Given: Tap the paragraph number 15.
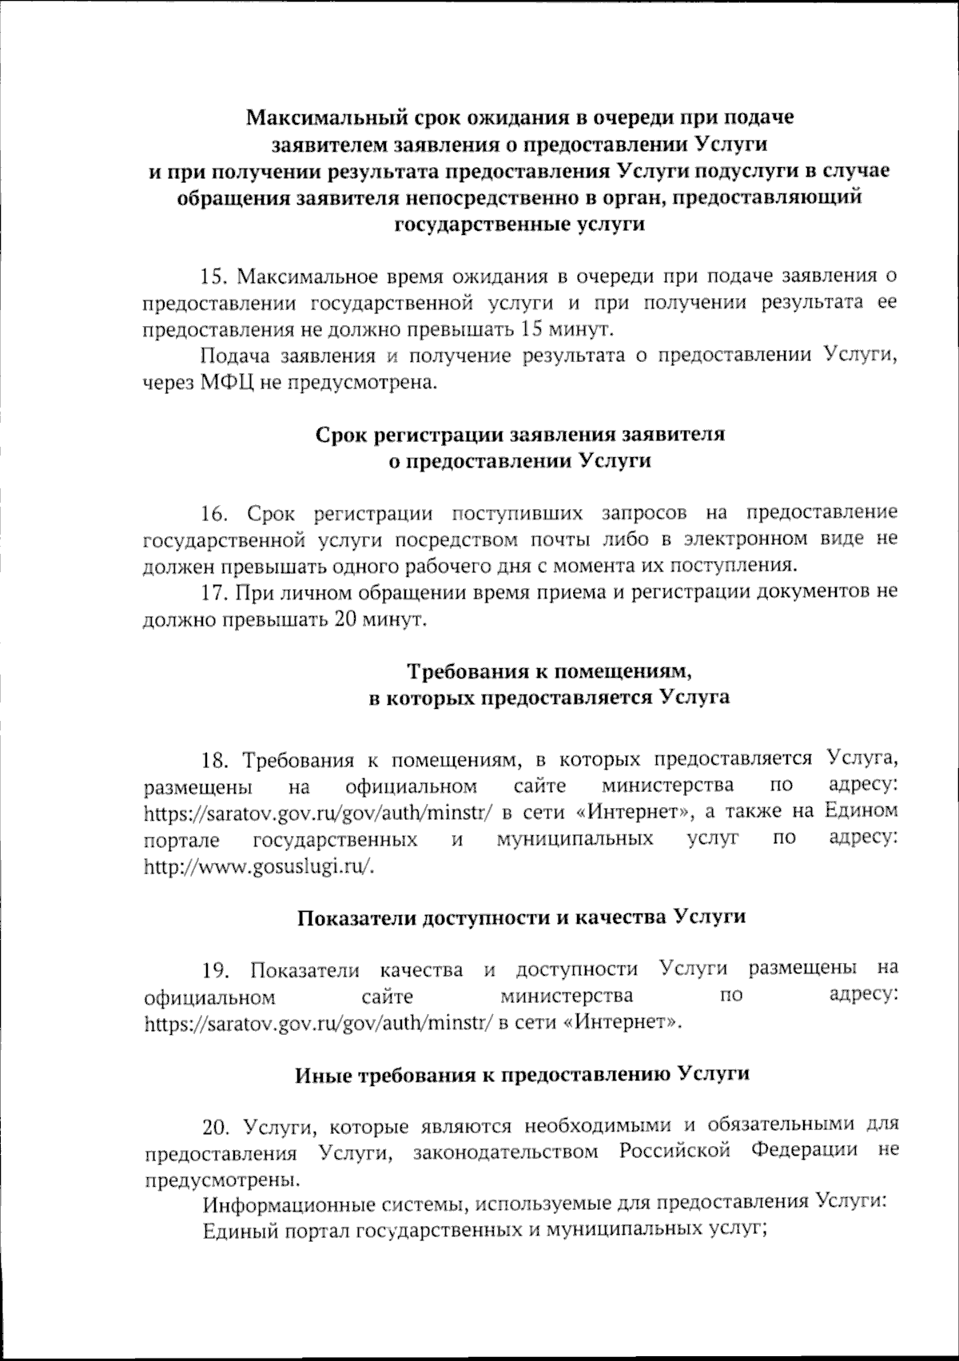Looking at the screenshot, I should coord(215,277).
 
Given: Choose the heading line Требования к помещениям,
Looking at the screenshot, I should coord(548,670).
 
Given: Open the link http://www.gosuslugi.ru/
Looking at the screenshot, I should coord(258,866).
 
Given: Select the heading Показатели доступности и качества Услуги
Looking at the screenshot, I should coord(521,917).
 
